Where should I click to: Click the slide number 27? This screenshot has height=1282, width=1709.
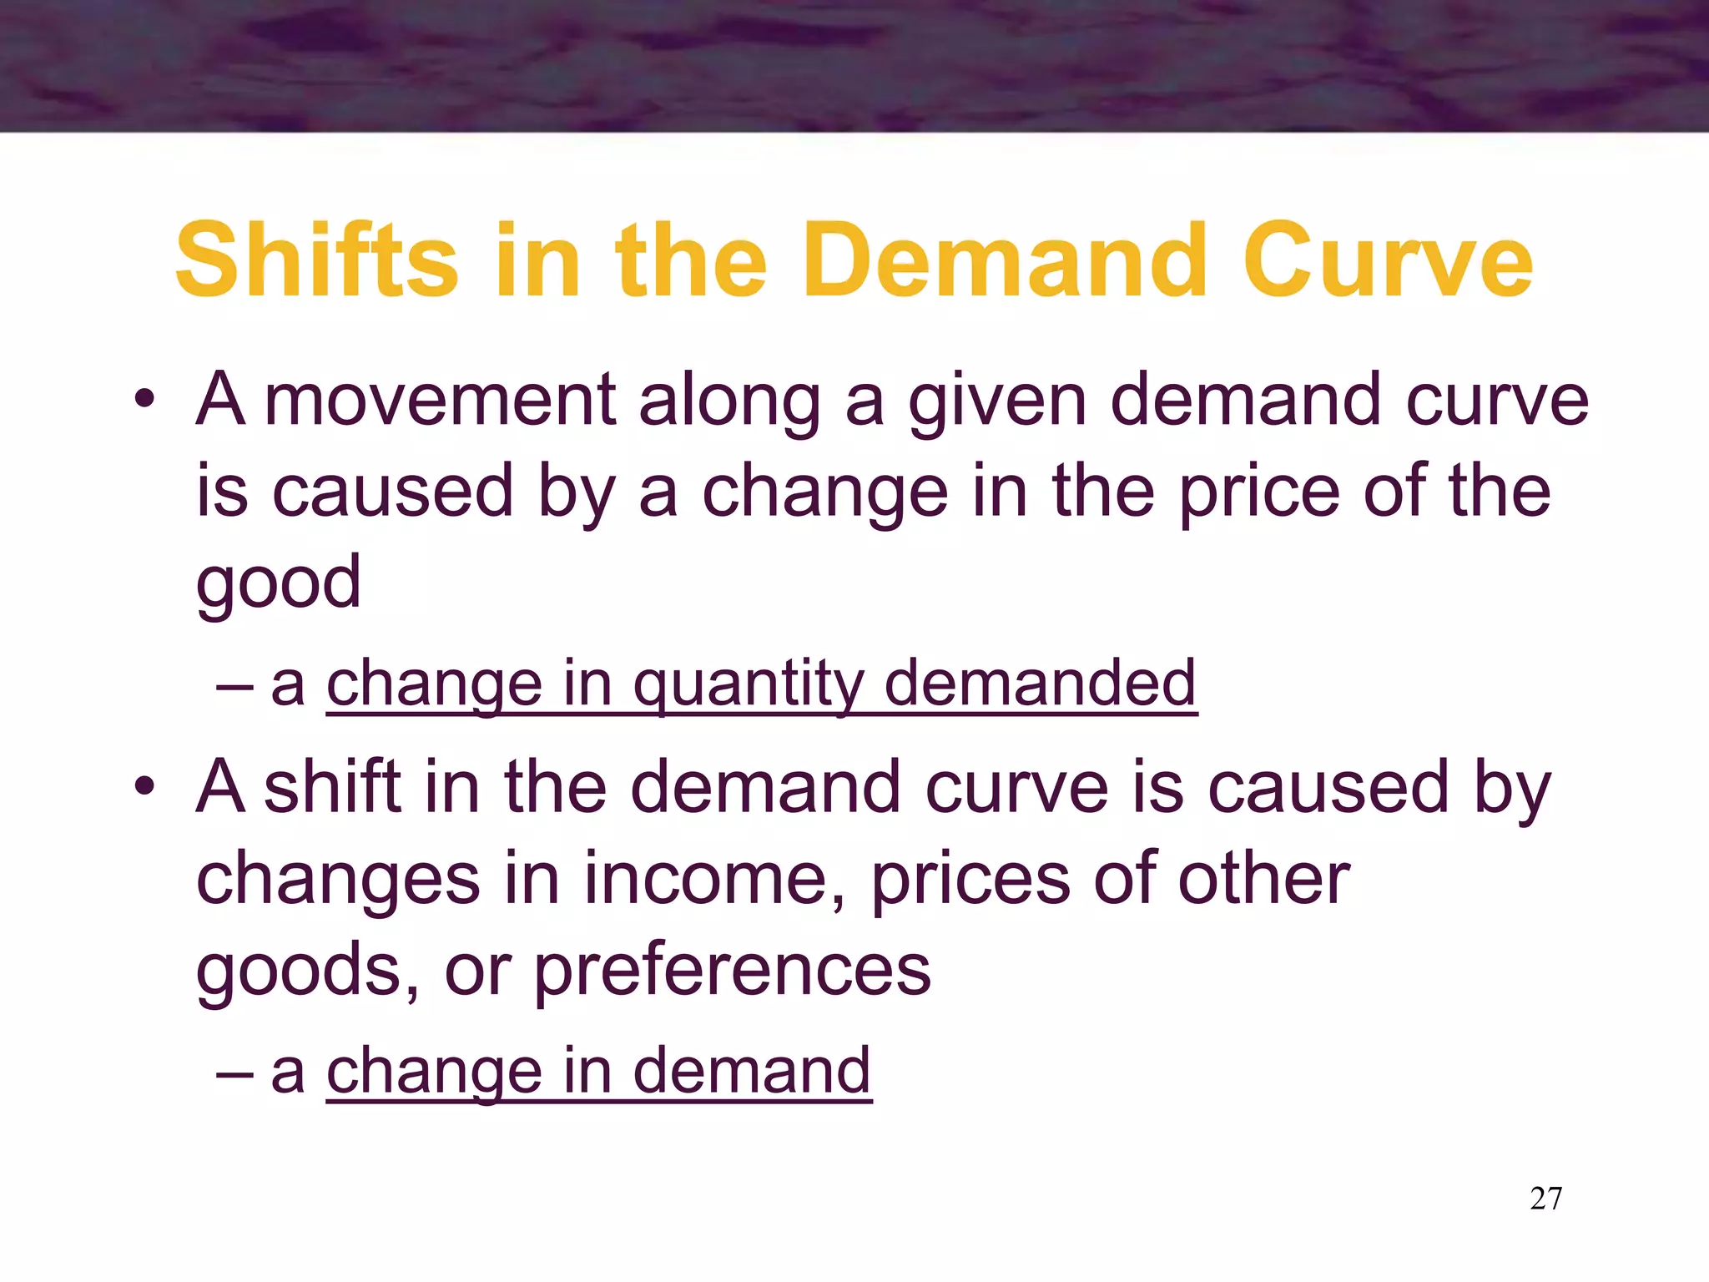click(x=1545, y=1199)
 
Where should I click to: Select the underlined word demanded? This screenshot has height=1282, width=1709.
click(x=1040, y=683)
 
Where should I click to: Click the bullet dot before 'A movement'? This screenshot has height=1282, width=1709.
click(x=145, y=399)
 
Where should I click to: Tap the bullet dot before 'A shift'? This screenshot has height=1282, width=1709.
click(x=145, y=786)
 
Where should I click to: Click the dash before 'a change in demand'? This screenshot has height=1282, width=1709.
click(x=234, y=1073)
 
